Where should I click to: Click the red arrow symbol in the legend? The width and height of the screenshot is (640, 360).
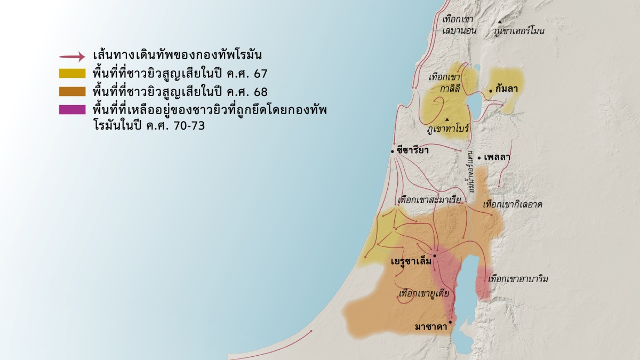pos(72,56)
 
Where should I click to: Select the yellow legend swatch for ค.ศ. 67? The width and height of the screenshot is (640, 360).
pos(72,74)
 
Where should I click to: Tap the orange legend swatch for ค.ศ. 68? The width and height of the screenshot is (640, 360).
pos(72,91)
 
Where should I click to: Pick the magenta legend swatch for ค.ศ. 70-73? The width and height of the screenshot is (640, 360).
pos(72,109)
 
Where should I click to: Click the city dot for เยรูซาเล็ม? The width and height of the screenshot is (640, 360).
pos(435,256)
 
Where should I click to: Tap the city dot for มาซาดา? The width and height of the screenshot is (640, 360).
pos(450,322)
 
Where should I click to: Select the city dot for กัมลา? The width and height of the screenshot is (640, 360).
pos(491,91)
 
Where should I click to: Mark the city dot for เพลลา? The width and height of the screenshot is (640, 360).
pos(479,158)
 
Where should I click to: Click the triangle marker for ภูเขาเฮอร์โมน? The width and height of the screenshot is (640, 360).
pos(500,22)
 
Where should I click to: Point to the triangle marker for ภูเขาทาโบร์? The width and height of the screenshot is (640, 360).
pos(447,119)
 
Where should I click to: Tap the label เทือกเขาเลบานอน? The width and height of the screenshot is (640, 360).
pos(459,25)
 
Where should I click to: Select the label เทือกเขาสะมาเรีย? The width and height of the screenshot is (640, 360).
pos(429,200)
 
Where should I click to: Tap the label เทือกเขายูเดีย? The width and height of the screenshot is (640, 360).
pos(423,293)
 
